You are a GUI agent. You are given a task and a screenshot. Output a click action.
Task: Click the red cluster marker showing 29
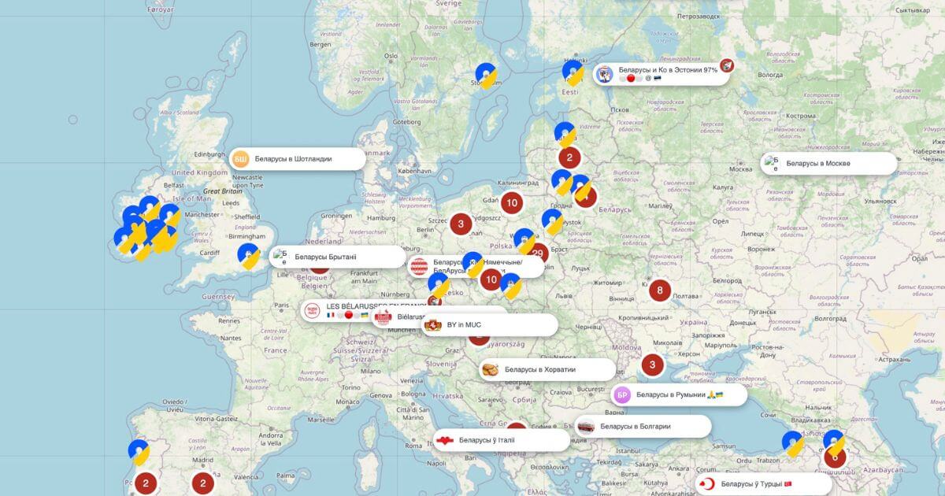(x=539, y=254)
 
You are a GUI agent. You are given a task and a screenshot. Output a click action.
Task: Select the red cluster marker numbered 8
(x=661, y=291)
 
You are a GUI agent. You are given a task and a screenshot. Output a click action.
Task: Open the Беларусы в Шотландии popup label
(x=293, y=158)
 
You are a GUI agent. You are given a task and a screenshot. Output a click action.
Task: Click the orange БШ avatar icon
(x=241, y=158)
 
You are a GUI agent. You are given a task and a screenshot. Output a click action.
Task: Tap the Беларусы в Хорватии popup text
(x=539, y=369)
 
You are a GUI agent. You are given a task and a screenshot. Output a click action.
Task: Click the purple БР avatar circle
(x=622, y=394)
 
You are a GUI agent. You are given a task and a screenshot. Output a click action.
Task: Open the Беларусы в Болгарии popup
(x=635, y=426)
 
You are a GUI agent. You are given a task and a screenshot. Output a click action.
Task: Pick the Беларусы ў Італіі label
(x=487, y=440)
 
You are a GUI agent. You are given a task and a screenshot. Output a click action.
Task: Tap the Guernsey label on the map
(x=218, y=297)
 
